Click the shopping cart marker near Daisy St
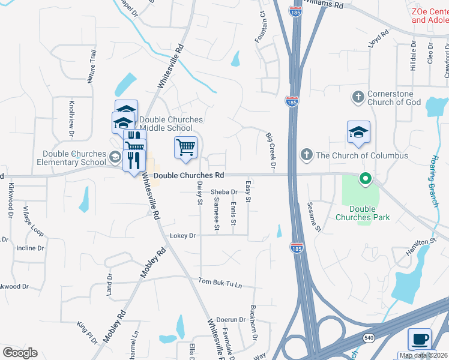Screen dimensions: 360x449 (185, 147)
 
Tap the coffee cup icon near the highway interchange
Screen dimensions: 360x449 (420, 339)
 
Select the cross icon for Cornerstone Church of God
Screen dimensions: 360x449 (358, 97)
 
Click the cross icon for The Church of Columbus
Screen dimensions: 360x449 (307, 155)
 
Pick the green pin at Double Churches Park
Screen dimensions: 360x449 (364, 179)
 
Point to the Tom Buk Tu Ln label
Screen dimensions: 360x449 (220, 282)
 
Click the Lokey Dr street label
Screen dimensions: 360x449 (183, 236)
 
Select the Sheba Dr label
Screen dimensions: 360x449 (224, 192)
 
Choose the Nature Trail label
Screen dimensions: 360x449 (92, 67)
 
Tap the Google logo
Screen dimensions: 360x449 (20, 353)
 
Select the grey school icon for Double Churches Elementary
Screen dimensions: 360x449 (114, 158)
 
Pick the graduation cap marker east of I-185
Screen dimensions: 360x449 (358, 134)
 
